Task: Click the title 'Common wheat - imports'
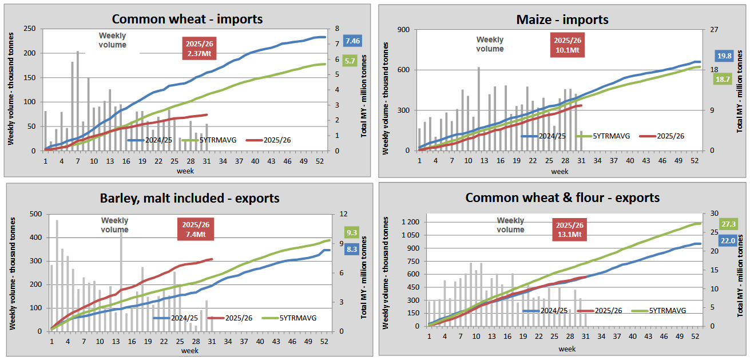[x=187, y=19]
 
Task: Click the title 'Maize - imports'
[x=562, y=19]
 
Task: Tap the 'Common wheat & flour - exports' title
[x=562, y=198]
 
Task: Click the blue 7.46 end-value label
[x=352, y=41]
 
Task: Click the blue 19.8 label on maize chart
[x=725, y=56]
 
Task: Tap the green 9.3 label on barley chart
[x=352, y=233]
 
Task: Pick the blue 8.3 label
[x=352, y=249]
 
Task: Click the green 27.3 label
[x=729, y=224]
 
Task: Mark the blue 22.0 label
[x=728, y=242]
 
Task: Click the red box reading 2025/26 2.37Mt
[x=198, y=49]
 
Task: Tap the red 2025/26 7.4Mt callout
[x=198, y=230]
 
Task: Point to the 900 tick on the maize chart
[x=404, y=29]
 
